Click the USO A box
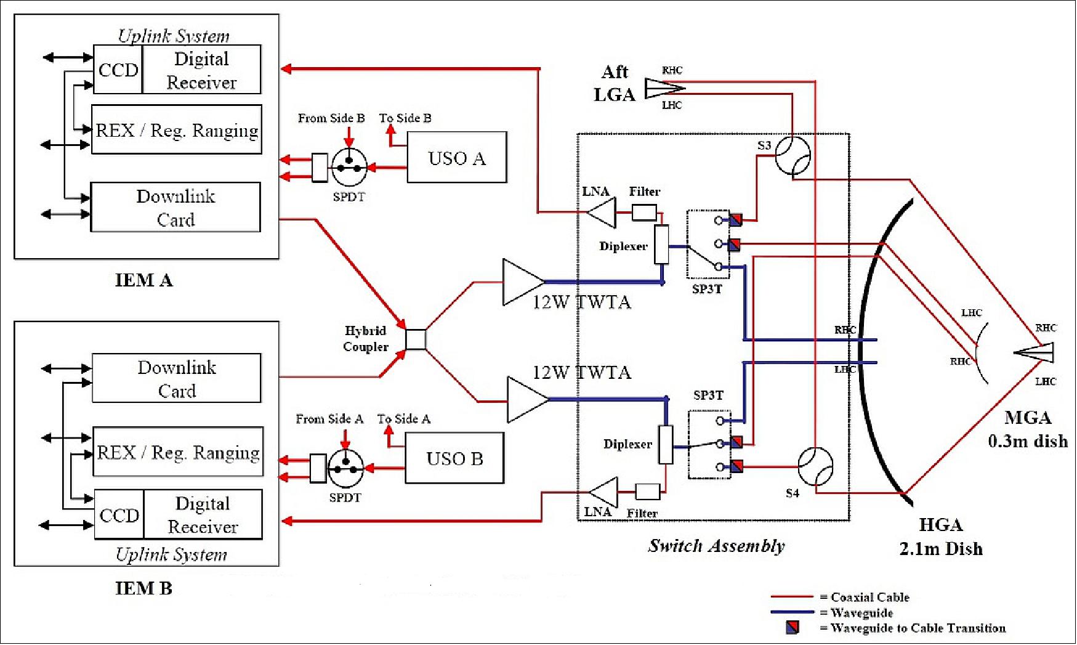456,157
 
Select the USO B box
454,458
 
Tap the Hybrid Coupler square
416,339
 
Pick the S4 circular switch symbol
815,466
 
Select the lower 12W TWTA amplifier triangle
525,400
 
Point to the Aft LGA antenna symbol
663,88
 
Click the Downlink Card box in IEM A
175,207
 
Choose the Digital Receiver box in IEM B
203,514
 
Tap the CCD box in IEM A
118,70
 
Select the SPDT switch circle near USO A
349,166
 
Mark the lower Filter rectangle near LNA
647,491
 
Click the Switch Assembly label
716,545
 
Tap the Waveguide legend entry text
861,612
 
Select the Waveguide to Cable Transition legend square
793,627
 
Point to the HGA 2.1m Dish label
940,537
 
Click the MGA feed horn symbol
1035,352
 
